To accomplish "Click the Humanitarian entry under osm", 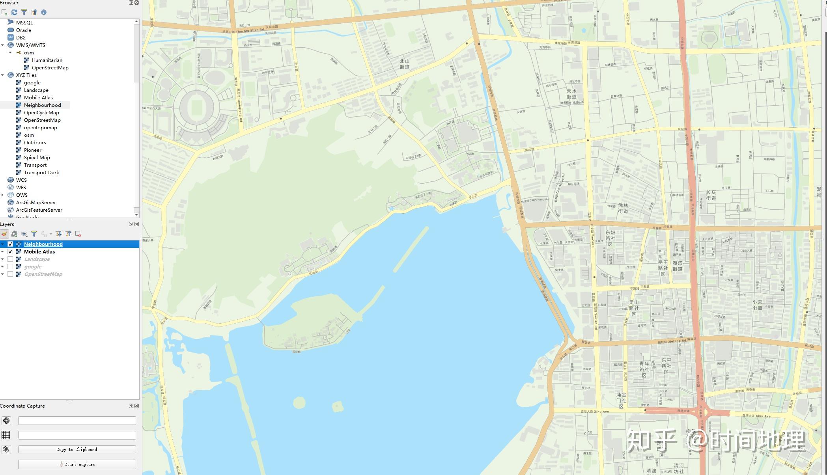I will [47, 60].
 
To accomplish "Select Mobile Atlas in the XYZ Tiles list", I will [38, 98].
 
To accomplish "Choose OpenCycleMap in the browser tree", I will [41, 113].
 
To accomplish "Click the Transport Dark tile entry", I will [41, 173].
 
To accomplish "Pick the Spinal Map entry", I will [37, 158].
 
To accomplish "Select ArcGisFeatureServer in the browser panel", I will [39, 210].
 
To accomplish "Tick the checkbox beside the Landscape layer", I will [10, 259].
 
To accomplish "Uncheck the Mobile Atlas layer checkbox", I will [10, 252].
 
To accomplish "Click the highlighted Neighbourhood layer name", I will [43, 244].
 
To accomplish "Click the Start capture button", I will [77, 465].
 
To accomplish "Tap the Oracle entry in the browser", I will [23, 30].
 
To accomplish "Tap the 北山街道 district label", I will [405, 64].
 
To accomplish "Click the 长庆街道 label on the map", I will [711, 196].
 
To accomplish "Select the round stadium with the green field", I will [196, 107].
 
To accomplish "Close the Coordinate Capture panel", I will [137, 406].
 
